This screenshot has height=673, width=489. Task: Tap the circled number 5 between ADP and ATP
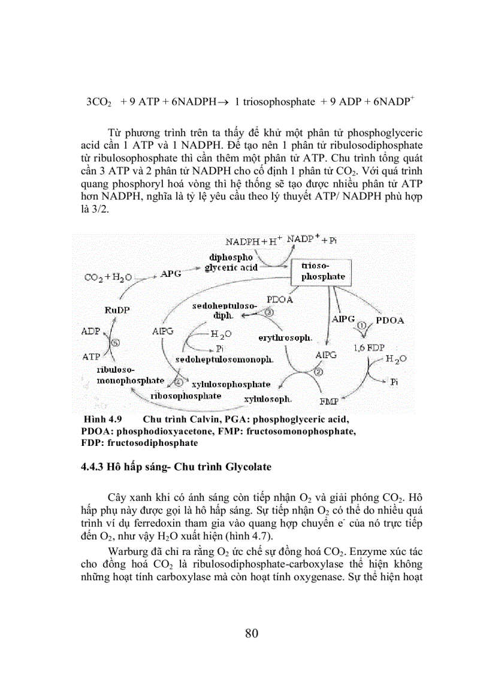[115, 343]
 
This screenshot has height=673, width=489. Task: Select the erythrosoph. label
[285, 337]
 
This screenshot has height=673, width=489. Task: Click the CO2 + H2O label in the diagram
[107, 277]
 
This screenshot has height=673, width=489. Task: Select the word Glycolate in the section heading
[249, 467]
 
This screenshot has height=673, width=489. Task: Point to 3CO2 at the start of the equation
[99, 102]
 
